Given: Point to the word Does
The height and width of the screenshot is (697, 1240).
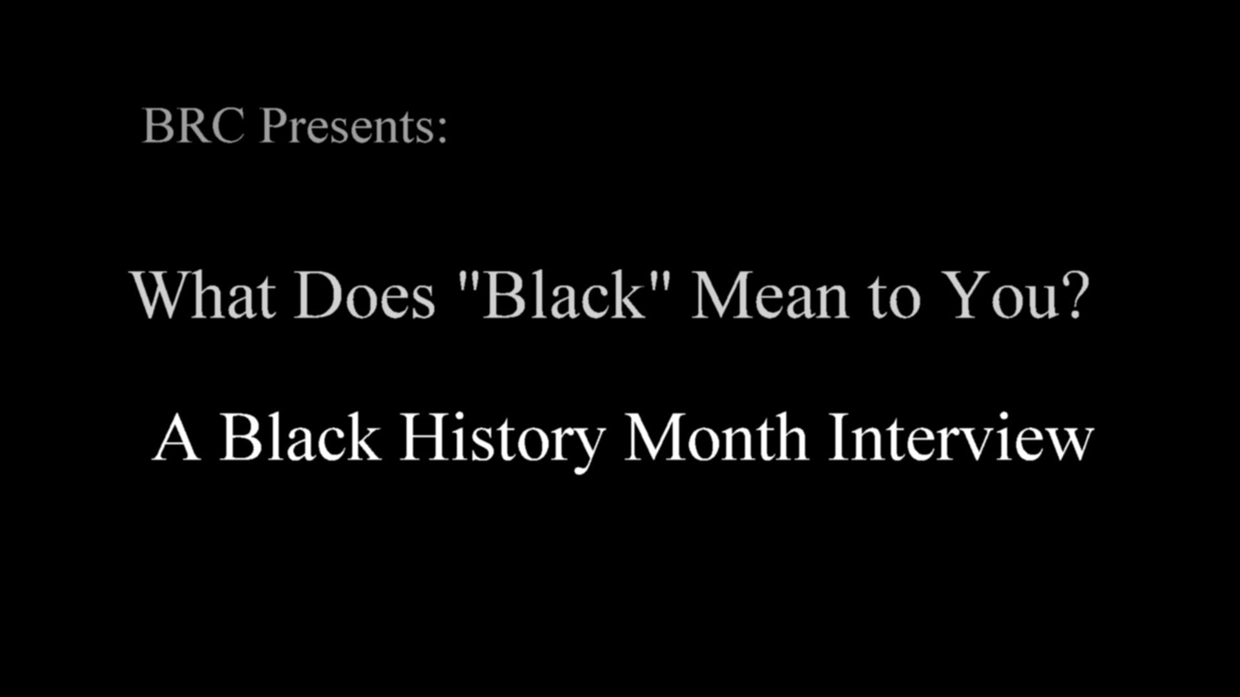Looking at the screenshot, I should [365, 295].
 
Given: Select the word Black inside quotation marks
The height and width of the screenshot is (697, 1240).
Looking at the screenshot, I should [564, 295].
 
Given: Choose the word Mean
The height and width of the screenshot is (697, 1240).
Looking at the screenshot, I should [769, 295].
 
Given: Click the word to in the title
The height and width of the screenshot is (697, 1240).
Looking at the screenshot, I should [894, 298].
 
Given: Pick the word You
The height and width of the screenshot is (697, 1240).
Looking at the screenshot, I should [998, 295].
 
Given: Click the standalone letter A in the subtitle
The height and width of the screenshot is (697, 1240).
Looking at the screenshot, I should [176, 438].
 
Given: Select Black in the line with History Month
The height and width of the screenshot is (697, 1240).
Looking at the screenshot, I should [300, 437].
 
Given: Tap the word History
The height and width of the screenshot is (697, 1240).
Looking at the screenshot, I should [502, 439].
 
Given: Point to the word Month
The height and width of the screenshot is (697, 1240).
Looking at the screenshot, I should [716, 437].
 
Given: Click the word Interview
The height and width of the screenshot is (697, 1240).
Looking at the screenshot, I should [960, 437].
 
